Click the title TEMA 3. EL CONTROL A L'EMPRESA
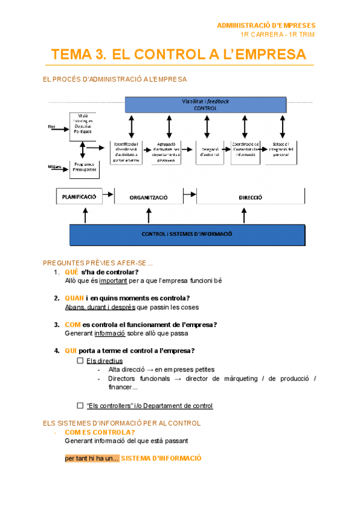pos(179,55)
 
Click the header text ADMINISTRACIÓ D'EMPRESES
pos(266,25)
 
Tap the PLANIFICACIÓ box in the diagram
pos(79,196)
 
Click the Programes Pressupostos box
pos(84,169)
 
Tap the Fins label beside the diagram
pos(52,127)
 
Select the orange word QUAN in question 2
pos(74,298)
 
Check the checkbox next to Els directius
pos(80,361)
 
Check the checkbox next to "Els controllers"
pos(80,405)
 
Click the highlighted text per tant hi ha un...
pos(92,459)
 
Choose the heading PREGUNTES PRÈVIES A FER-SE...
pos(98,263)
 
